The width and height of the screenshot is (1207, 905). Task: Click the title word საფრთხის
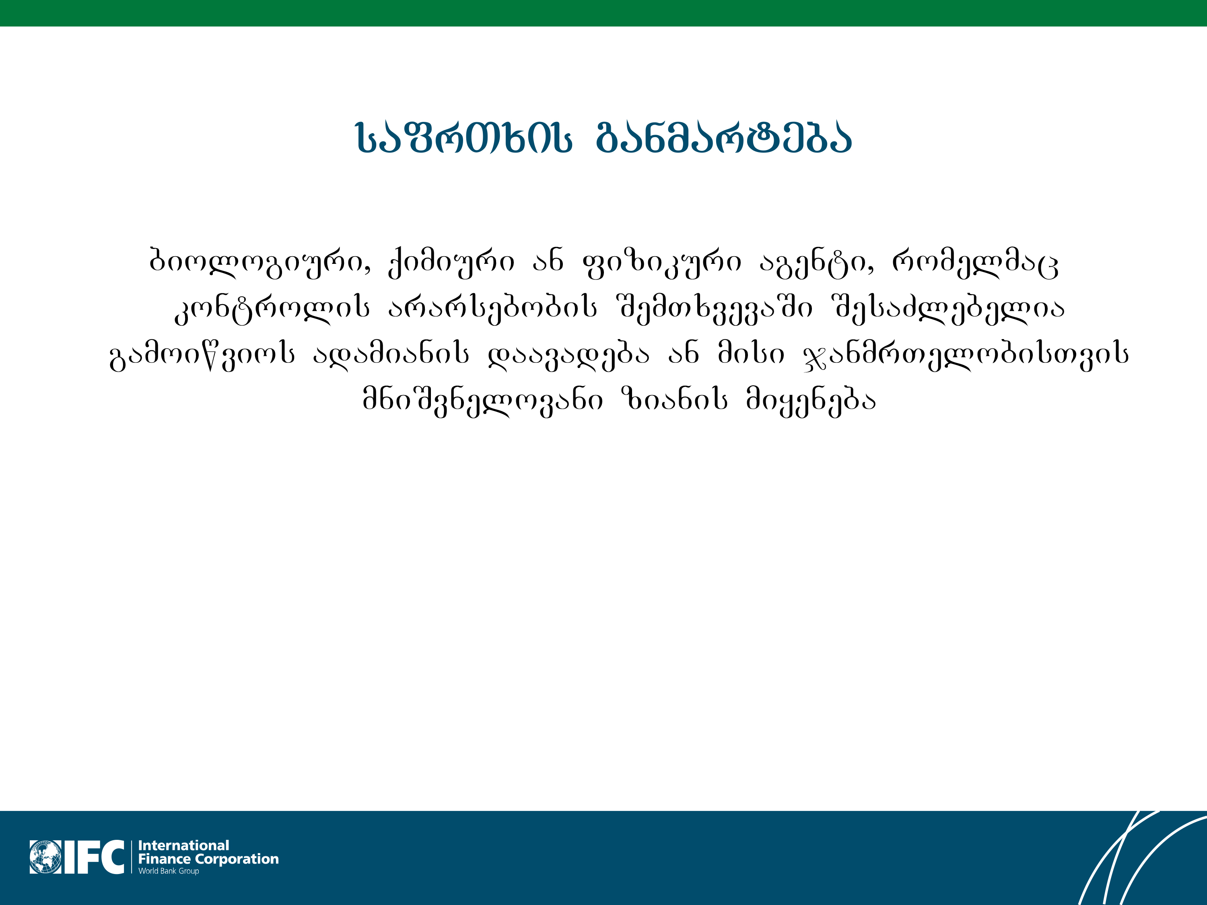pyautogui.click(x=464, y=138)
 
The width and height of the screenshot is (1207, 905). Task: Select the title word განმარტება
pyautogui.click(x=724, y=138)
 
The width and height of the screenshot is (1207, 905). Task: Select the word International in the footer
pyautogui.click(x=183, y=845)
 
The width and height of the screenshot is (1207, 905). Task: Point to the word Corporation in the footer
pyautogui.click(x=237, y=860)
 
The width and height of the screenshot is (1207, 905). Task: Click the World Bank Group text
pyautogui.click(x=169, y=871)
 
